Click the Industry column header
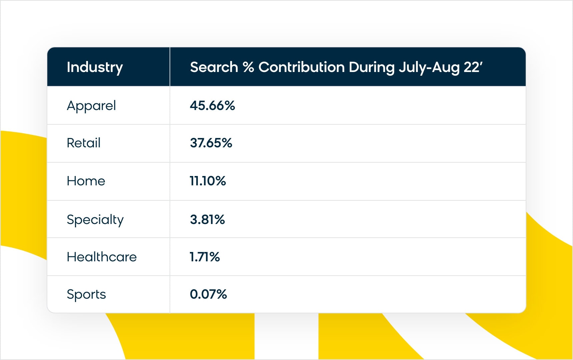(95, 67)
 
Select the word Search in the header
(214, 67)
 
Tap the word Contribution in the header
(301, 67)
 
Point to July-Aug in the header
(429, 67)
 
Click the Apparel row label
(91, 106)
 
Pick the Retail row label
(84, 143)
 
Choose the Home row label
(86, 181)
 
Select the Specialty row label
(95, 220)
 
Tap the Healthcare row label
(102, 257)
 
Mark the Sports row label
(86, 295)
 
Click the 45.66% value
(212, 106)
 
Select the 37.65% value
(211, 143)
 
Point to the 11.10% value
(208, 181)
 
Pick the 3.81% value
(207, 220)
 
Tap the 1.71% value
(205, 257)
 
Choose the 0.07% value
(208, 294)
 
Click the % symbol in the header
(248, 67)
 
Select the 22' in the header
(473, 67)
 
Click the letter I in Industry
(68, 67)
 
